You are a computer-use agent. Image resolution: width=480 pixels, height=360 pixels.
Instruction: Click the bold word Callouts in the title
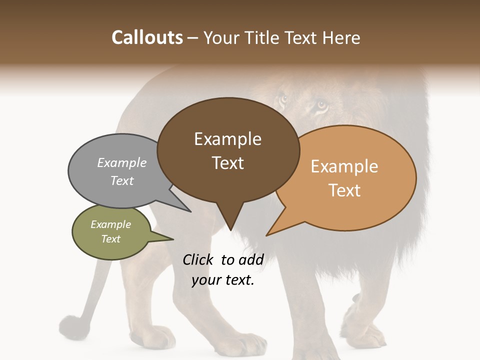[147, 37]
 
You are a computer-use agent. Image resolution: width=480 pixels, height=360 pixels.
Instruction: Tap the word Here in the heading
[342, 37]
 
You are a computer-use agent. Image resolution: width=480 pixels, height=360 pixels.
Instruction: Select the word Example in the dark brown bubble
[227, 139]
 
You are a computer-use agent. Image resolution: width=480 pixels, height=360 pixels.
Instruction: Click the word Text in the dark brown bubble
[227, 163]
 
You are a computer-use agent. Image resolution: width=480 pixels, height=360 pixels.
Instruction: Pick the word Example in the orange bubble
[344, 166]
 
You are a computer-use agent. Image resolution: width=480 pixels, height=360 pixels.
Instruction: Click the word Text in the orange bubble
[344, 190]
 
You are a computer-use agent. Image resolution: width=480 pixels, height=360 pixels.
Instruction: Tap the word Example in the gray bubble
[122, 162]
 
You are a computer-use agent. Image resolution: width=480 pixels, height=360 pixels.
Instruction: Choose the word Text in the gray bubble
[122, 180]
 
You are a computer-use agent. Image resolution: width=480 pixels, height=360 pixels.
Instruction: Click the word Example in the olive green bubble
[110, 224]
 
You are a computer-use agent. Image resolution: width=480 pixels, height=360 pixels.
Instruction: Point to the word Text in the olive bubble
[110, 239]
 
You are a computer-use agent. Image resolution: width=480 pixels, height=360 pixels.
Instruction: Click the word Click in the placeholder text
[198, 259]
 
